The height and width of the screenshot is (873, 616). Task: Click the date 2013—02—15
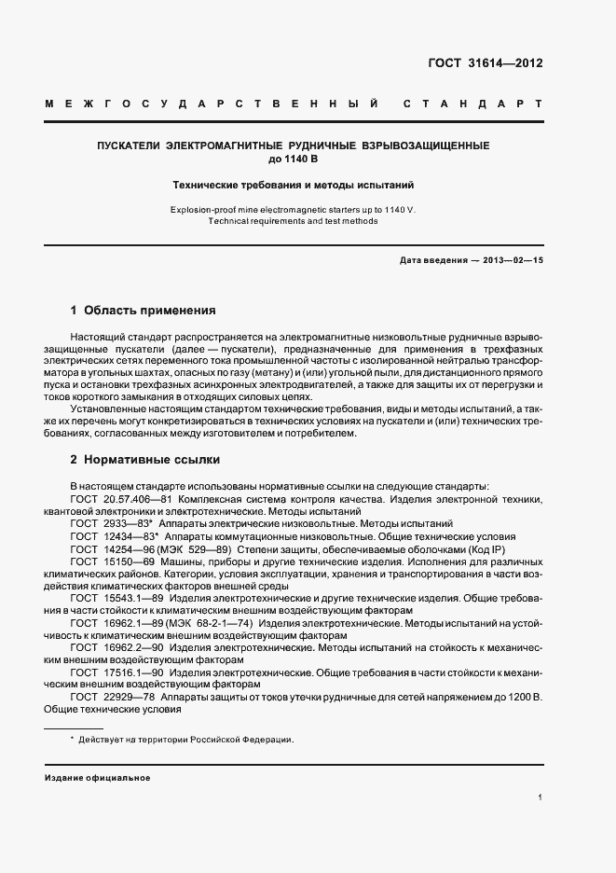[x=512, y=260]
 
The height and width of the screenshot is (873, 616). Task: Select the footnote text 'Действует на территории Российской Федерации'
[x=186, y=739]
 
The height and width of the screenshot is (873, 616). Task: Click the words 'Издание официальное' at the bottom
[x=98, y=777]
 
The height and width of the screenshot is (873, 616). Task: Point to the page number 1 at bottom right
[x=541, y=797]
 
